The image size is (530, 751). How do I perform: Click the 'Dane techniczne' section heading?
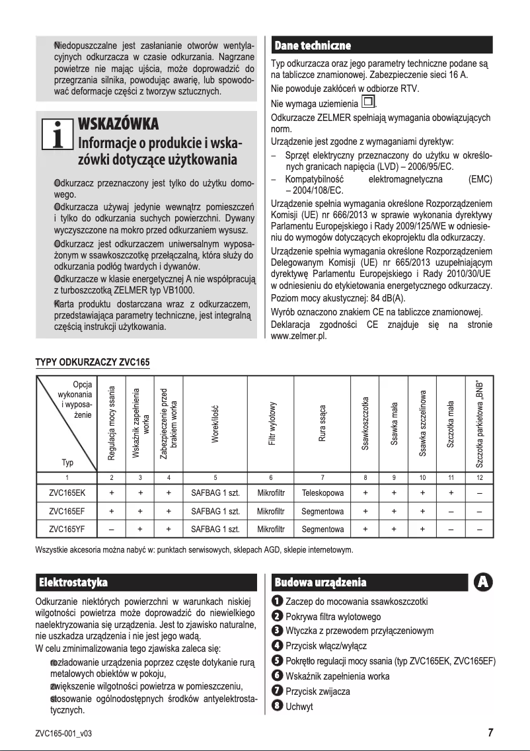click(312, 45)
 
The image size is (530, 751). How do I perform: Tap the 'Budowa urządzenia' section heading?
click(320, 582)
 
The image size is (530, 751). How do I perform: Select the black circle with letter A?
click(483, 582)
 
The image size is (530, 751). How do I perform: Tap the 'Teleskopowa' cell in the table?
click(322, 493)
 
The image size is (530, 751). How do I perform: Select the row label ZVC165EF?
click(66, 511)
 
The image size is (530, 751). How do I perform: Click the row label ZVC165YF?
click(66, 529)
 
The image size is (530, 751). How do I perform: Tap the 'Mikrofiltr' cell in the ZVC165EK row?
click(271, 493)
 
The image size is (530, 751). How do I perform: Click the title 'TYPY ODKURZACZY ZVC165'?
click(93, 363)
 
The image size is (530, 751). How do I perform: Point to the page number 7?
click(490, 732)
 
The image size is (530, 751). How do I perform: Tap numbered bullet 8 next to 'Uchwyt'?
click(278, 707)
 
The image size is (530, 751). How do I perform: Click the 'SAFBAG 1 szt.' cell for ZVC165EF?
click(215, 511)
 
